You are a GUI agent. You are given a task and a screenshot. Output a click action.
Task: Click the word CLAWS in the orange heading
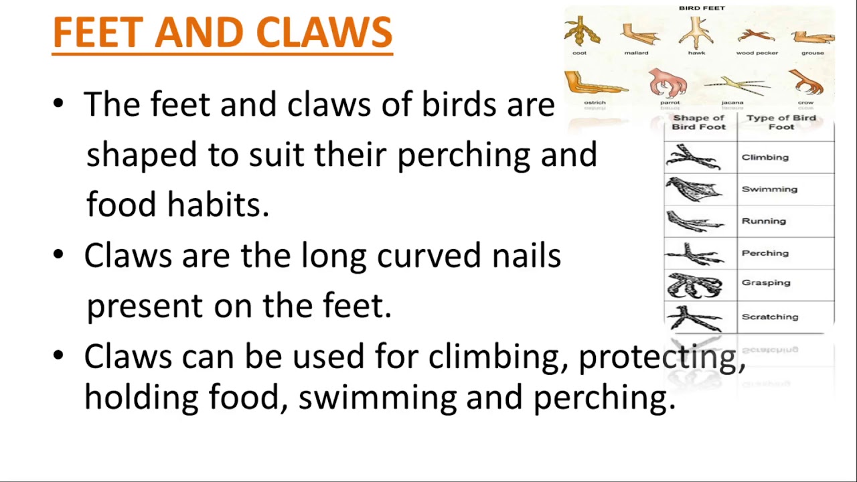pyautogui.click(x=324, y=32)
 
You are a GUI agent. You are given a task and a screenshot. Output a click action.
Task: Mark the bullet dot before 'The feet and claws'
pyautogui.click(x=59, y=104)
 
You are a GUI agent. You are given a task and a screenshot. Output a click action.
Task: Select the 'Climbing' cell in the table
pyautogui.click(x=765, y=157)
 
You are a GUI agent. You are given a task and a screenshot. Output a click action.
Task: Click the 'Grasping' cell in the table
pyautogui.click(x=766, y=283)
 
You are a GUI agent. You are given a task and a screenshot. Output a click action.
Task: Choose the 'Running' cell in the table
pyautogui.click(x=763, y=221)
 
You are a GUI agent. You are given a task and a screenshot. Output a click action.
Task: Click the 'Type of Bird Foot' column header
pyautogui.click(x=781, y=122)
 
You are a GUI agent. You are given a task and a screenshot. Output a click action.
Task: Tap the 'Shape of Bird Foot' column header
pyautogui.click(x=698, y=122)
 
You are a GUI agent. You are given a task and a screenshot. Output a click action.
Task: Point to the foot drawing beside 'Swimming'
pyautogui.click(x=695, y=189)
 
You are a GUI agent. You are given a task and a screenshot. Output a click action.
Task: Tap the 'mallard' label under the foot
pyautogui.click(x=636, y=53)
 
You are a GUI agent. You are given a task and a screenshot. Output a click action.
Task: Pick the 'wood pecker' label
pyautogui.click(x=757, y=53)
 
